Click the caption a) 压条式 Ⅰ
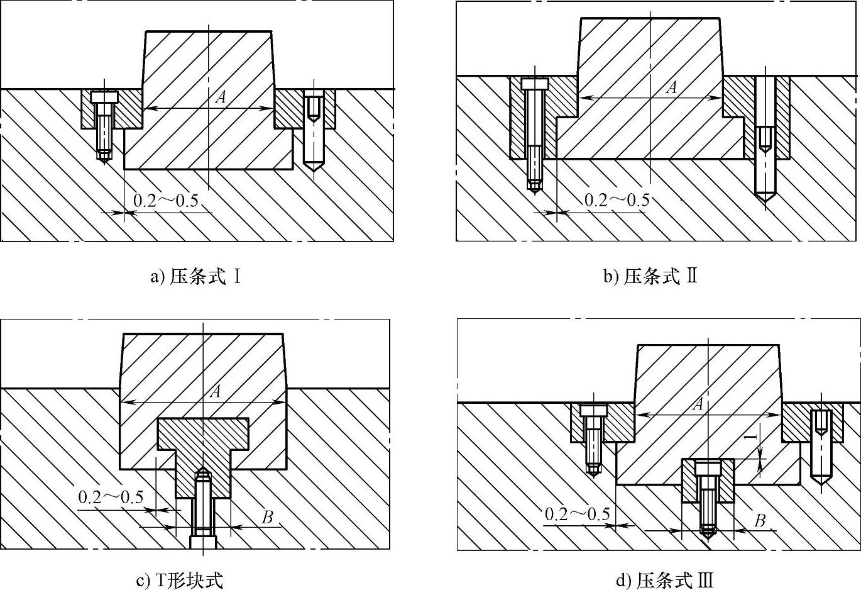pyautogui.click(x=196, y=276)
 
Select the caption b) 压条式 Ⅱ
pyautogui.click(x=650, y=276)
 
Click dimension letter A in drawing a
pyautogui.click(x=221, y=97)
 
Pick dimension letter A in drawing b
pyautogui.click(x=672, y=87)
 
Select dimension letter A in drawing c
pyautogui.click(x=216, y=391)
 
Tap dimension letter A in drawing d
pyautogui.click(x=698, y=404)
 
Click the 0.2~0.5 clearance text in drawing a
pyautogui.click(x=166, y=201)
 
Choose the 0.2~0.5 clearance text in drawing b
pyautogui.click(x=617, y=200)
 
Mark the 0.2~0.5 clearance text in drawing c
pyautogui.click(x=111, y=497)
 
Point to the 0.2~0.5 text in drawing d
pyautogui.click(x=577, y=514)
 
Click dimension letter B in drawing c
pyautogui.click(x=267, y=517)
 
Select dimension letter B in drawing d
pyautogui.click(x=760, y=520)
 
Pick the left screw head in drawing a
pyautogui.click(x=104, y=97)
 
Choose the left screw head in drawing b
pyautogui.click(x=534, y=83)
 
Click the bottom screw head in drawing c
pyautogui.click(x=202, y=542)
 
